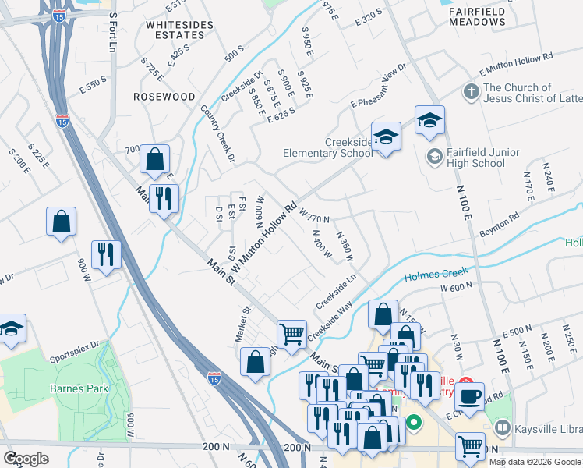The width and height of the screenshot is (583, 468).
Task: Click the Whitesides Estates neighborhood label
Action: point(179,30)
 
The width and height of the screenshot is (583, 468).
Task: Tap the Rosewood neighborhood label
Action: point(164,97)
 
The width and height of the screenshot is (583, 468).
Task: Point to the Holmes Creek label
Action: point(435,275)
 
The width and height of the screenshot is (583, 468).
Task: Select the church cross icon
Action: point(471,93)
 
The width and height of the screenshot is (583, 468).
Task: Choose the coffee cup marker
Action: point(470,395)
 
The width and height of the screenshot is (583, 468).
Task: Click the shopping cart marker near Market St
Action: point(291,333)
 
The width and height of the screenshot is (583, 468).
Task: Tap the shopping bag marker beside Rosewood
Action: point(155,159)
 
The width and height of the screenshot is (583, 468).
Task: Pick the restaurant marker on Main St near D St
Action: point(164,199)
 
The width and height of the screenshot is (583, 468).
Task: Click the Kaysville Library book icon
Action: point(502,428)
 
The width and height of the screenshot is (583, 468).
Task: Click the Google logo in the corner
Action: point(26,458)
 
